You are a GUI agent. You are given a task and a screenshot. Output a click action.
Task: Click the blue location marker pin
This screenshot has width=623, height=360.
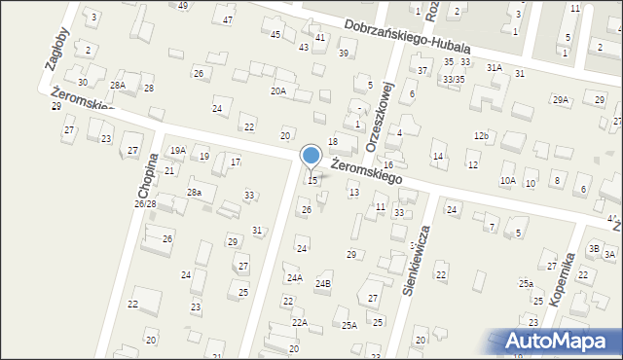(311, 156)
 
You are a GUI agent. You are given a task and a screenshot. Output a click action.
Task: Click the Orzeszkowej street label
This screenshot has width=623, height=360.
(379, 121)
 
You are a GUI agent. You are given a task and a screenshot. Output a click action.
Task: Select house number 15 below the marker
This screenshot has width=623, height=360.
(312, 181)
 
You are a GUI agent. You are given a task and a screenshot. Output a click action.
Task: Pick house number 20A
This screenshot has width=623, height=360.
(277, 90)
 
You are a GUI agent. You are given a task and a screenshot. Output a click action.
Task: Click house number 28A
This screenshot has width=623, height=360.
(117, 86)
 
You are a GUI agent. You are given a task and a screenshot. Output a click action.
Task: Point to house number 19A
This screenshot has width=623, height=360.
(178, 151)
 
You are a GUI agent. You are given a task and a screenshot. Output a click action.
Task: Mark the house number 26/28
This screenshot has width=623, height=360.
(145, 204)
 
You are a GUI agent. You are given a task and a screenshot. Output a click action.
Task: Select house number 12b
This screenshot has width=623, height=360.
(481, 135)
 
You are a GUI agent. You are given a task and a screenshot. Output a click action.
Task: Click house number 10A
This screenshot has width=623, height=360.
(508, 181)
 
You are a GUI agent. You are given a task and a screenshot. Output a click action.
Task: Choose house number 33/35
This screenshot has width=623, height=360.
(453, 79)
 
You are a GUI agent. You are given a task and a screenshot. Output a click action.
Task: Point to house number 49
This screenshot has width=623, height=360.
(183, 6)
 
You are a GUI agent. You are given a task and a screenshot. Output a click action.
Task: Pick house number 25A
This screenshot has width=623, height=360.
(348, 326)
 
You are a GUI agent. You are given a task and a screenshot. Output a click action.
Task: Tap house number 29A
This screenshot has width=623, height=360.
(561, 99)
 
